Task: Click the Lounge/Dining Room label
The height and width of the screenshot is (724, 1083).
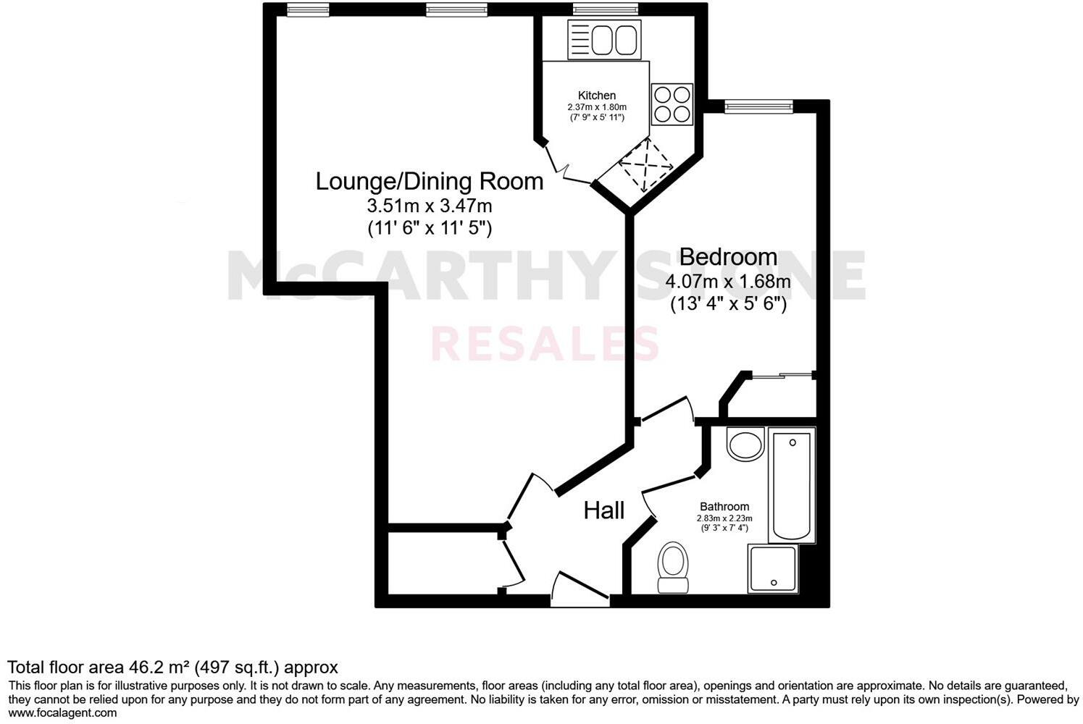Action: point(429,181)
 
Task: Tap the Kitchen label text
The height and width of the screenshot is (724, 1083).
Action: point(596,96)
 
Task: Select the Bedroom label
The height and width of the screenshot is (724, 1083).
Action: point(728,257)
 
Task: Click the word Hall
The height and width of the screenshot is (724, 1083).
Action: point(603,510)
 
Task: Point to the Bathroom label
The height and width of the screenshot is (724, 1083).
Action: point(724,507)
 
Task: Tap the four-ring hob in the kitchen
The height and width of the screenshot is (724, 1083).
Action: point(673,104)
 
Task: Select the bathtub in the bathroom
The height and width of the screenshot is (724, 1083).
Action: point(793,484)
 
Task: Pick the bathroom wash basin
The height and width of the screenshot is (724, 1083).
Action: point(745,443)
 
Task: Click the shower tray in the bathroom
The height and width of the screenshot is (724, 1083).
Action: point(774,569)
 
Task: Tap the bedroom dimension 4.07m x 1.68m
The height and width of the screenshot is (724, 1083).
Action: point(727,281)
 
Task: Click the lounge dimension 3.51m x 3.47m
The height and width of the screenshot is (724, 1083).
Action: point(430,206)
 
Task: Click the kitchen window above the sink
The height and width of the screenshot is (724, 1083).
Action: point(604,9)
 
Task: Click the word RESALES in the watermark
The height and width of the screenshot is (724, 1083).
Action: point(545,343)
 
